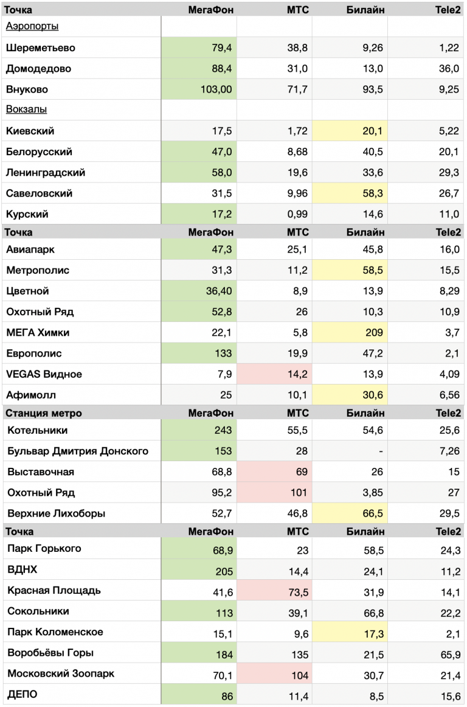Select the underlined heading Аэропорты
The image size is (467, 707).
click(x=32, y=27)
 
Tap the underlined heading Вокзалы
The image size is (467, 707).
click(x=27, y=110)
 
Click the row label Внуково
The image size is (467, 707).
click(x=27, y=89)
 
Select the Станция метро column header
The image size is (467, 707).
click(x=44, y=413)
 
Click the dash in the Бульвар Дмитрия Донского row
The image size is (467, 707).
click(x=380, y=451)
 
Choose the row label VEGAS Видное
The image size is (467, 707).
click(x=44, y=374)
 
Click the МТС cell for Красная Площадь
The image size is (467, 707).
click(x=297, y=591)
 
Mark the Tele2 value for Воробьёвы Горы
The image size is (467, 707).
click(x=449, y=653)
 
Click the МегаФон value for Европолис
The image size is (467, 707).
click(x=223, y=353)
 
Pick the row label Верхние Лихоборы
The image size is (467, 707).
click(x=57, y=514)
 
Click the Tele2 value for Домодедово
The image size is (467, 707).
click(x=449, y=69)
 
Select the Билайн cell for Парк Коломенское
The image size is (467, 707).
click(x=373, y=632)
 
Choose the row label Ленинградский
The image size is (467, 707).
click(x=46, y=173)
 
